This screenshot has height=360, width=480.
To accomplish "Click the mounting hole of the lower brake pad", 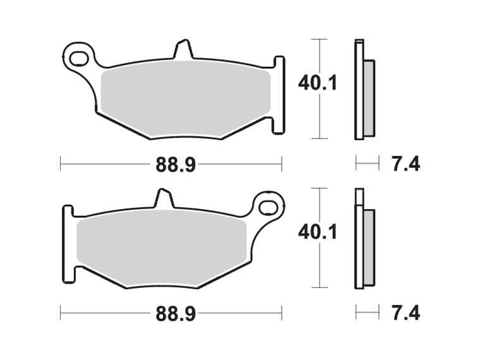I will pos(268,207).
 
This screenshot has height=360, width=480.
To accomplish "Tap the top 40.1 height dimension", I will pos(317,83).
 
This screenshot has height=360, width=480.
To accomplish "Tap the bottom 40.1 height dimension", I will pos(317,232).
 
